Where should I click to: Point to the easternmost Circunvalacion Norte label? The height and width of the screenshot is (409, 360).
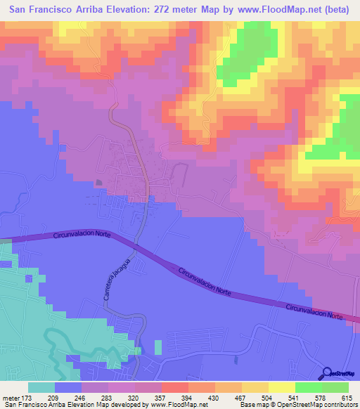pyautogui.click(x=316, y=313)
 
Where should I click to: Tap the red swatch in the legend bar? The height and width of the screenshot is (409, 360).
pyautogui.click(x=174, y=387)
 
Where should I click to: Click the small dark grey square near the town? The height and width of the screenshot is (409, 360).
pyautogui.click(x=98, y=183)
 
